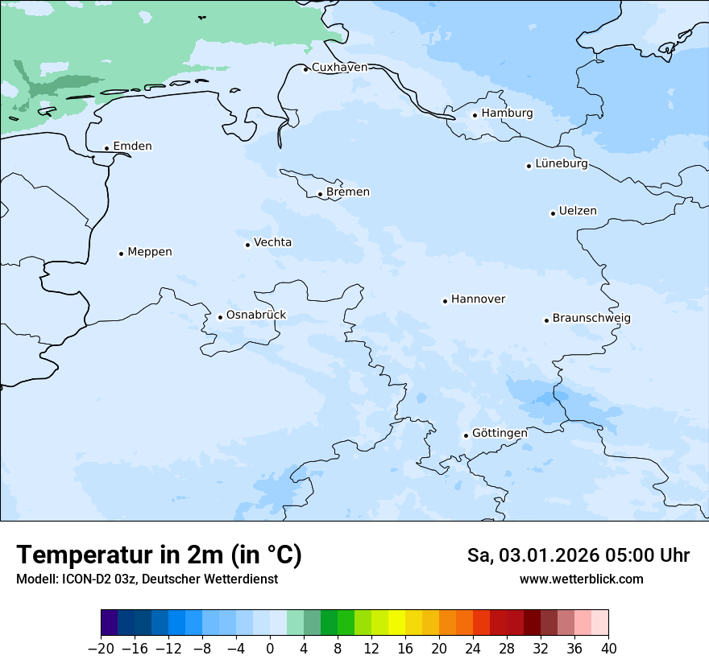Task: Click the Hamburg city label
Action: [507, 113]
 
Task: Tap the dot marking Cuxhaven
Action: [305, 69]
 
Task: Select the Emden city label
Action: [132, 146]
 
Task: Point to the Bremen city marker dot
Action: [320, 194]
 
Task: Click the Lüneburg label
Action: [561, 164]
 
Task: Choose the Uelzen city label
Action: [578, 212]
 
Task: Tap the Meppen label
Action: [150, 252]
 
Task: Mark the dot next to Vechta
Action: [247, 245]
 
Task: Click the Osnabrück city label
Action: [256, 315]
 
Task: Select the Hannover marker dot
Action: [445, 301]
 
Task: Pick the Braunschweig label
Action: [591, 319]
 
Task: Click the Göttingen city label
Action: [500, 434]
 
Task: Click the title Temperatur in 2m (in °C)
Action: [159, 555]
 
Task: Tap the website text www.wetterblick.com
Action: [581, 579]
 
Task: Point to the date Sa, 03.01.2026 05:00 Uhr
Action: [578, 555]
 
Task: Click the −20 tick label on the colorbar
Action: [101, 649]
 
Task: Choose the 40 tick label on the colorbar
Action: [608, 649]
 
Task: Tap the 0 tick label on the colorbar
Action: [270, 649]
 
